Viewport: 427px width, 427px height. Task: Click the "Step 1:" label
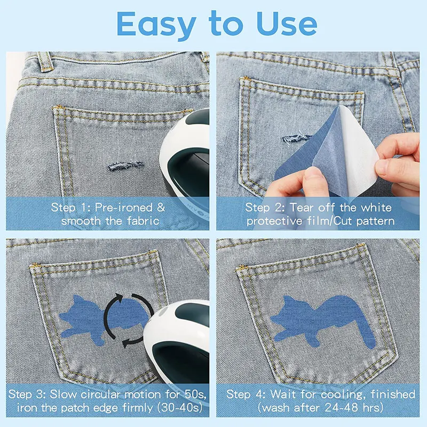[x=71, y=208]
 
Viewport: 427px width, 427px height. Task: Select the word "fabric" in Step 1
[x=143, y=220]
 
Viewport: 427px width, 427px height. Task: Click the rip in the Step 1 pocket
[x=125, y=165]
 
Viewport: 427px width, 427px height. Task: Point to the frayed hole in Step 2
[x=296, y=138]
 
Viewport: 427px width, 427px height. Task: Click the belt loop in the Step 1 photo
[x=45, y=61]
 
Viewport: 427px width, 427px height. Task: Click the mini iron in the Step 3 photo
[x=177, y=343]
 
